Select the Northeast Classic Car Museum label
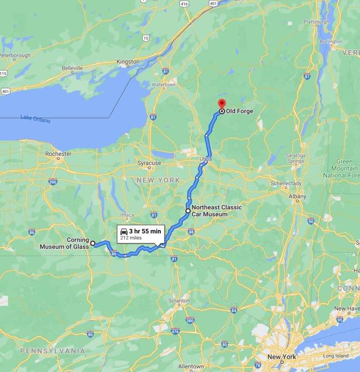coord(216,211)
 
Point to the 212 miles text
coord(131,238)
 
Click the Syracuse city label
coord(149,163)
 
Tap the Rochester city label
coord(58,154)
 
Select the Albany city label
coord(297,197)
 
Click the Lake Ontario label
coord(35,119)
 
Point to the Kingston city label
coord(127,62)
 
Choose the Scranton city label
coord(178,301)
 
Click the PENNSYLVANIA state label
coord(52,351)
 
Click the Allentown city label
coord(191,367)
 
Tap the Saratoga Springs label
coord(296,158)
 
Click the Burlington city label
coord(331,41)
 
